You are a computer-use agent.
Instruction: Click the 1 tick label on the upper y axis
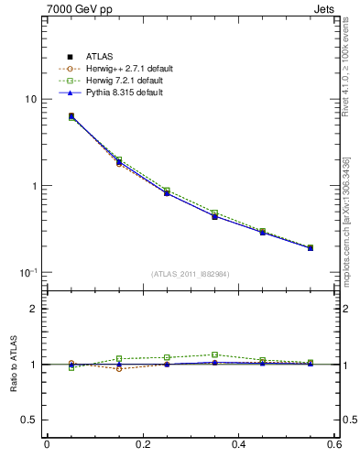pos(33,186)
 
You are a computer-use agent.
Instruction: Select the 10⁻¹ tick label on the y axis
pos(28,272)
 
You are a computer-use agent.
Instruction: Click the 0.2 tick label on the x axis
pos(143,445)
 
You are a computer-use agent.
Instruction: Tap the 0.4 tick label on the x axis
pos(239,445)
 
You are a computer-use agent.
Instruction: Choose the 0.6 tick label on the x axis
pos(334,445)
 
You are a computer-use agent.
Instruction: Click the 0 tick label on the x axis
pos(47,445)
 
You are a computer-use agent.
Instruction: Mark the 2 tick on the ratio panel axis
pos(33,310)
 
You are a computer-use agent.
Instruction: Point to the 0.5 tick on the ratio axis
pos(29,420)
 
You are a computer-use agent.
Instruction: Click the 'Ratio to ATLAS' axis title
pos(12,365)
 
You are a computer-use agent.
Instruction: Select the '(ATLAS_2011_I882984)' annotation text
pos(191,274)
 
